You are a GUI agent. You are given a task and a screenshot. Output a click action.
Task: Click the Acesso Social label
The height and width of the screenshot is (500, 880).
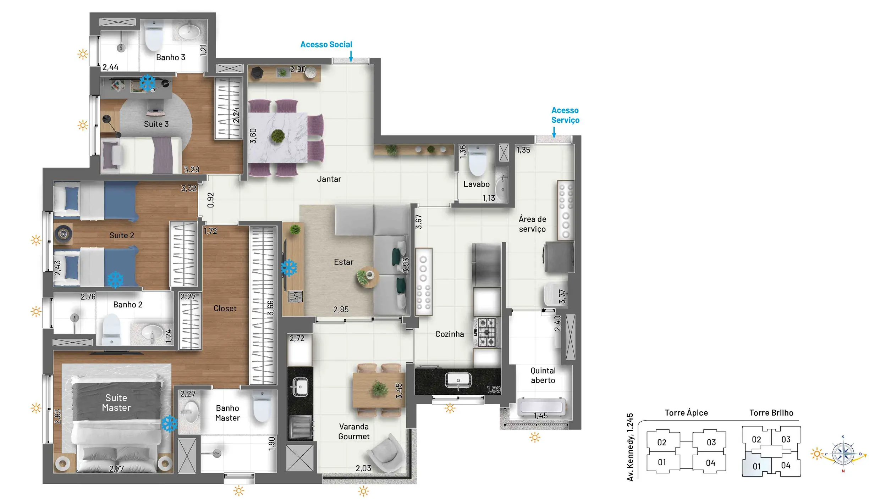pos(326,44)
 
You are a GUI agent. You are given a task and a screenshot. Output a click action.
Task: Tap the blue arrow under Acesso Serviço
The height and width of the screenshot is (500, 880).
pos(554,133)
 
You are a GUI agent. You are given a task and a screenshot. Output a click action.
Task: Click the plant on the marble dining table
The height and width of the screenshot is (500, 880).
pos(278,136)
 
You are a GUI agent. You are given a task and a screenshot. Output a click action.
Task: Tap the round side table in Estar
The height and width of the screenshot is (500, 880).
pos(368,277)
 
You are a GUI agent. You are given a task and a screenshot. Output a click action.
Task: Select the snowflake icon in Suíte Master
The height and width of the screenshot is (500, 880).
pos(169,423)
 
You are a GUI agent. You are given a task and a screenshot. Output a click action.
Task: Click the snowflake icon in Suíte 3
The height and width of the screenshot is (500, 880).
pos(147,83)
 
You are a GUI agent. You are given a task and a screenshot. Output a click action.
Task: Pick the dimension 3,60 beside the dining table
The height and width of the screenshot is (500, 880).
pos(253,136)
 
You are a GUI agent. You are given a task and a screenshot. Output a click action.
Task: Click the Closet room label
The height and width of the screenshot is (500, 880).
pos(225,309)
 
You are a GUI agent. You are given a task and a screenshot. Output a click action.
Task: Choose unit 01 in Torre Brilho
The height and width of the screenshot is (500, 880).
pos(757,466)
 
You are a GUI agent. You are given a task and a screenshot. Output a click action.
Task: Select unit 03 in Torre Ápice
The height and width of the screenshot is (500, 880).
pos(711,442)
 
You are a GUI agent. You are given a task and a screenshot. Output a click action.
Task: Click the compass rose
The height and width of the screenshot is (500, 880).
pos(843,454)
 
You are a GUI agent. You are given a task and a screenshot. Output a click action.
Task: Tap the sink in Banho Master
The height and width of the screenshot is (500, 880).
pos(190,412)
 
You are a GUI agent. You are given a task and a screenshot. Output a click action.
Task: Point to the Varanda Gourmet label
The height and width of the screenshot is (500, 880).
pos(354,431)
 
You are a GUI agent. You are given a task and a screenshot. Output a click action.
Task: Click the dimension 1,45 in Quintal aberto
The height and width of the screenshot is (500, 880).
pos(541,416)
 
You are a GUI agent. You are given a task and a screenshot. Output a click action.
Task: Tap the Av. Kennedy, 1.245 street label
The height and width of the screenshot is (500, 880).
pos(630,447)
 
